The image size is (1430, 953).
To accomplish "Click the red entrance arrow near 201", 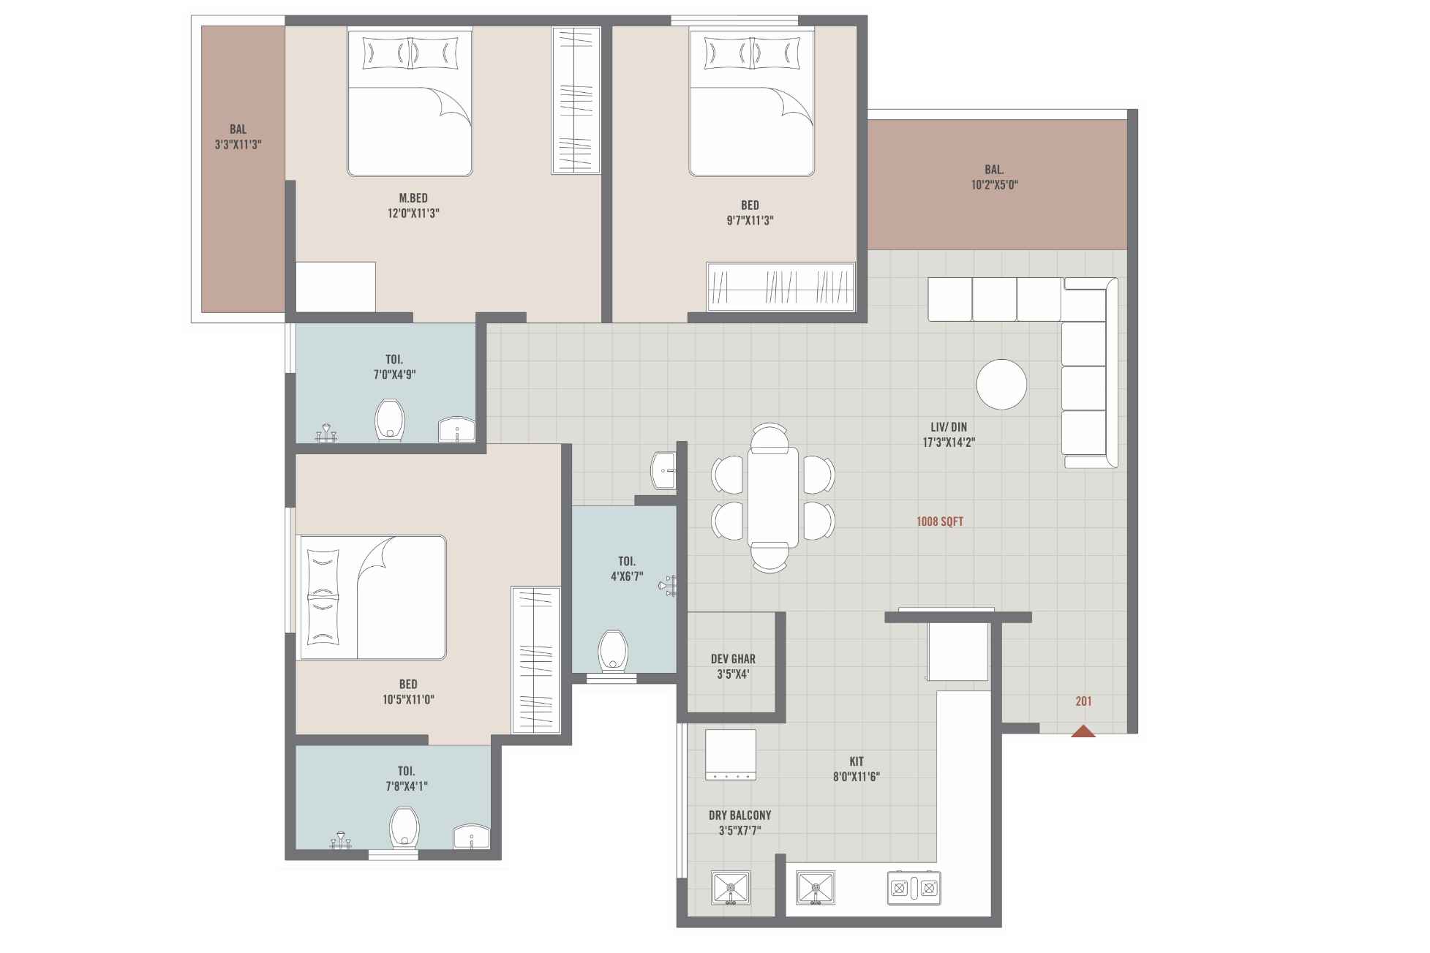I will pyautogui.click(x=1083, y=731).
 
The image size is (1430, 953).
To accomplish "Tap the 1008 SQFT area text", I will pyautogui.click(x=939, y=521).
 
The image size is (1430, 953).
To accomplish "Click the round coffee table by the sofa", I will pyautogui.click(x=1001, y=384).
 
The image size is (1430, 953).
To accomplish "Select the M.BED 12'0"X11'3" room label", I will pyautogui.click(x=413, y=206).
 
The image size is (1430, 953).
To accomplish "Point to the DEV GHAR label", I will pyautogui.click(x=733, y=659).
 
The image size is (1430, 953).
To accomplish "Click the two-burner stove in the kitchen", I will pyautogui.click(x=914, y=888).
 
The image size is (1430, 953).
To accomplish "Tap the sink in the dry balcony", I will pyautogui.click(x=730, y=888).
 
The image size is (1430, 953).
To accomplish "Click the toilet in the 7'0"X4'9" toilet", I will pyautogui.click(x=389, y=421).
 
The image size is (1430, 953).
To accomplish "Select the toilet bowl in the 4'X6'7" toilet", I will pyautogui.click(x=613, y=651).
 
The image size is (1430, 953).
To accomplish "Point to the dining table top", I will pyautogui.click(x=772, y=497).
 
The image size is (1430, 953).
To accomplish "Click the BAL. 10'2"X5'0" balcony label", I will pyautogui.click(x=994, y=177).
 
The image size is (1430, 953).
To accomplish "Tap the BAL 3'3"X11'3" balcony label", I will pyautogui.click(x=238, y=137).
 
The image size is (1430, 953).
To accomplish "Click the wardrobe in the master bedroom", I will pyautogui.click(x=576, y=100).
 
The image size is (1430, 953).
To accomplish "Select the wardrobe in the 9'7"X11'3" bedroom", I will pyautogui.click(x=780, y=286).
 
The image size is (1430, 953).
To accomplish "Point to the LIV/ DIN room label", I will pyautogui.click(x=948, y=434).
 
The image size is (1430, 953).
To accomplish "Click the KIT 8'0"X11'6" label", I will pyautogui.click(x=856, y=769).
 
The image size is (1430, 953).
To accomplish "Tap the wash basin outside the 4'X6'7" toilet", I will pyautogui.click(x=664, y=470).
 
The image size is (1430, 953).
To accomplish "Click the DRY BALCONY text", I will pyautogui.click(x=740, y=815).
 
